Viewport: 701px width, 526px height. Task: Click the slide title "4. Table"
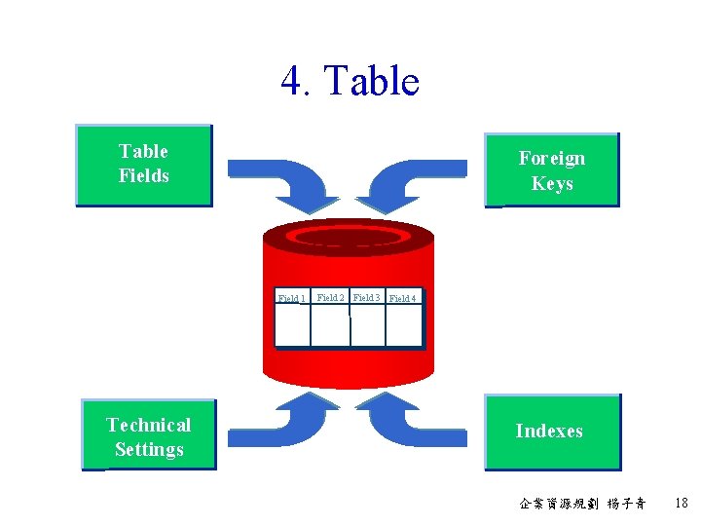pos(350,81)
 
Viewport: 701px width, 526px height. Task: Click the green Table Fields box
pos(144,165)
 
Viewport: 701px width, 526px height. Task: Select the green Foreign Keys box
pos(552,170)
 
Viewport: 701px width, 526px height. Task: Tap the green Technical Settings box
pos(149,436)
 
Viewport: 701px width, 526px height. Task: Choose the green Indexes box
pos(552,432)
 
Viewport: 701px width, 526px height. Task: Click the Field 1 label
pos(291,298)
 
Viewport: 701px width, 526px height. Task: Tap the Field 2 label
pos(330,297)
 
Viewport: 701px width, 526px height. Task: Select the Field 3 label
pos(366,297)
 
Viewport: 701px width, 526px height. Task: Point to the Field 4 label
pos(402,298)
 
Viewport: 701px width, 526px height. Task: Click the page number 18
pos(681,503)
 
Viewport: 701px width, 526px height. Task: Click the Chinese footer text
pos(582,504)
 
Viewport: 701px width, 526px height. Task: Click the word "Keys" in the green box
pos(552,183)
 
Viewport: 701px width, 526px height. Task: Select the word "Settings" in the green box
pos(149,449)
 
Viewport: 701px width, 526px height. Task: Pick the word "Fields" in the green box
pos(144,175)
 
